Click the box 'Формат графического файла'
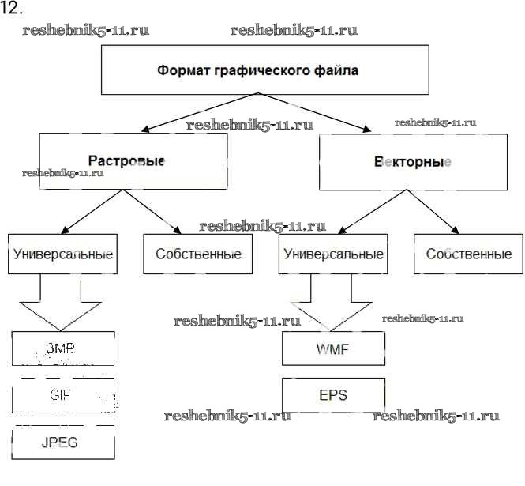pos(257,70)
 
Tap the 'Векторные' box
pos(412,162)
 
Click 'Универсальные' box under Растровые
pos(62,254)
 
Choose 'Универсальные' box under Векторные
pos(332,254)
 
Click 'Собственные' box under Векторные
pos(468,254)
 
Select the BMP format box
pos(63,348)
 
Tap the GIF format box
pos(63,394)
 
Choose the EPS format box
pos(333,394)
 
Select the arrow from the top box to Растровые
pos(197,113)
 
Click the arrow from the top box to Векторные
pos(316,113)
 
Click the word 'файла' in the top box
pos(340,70)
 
